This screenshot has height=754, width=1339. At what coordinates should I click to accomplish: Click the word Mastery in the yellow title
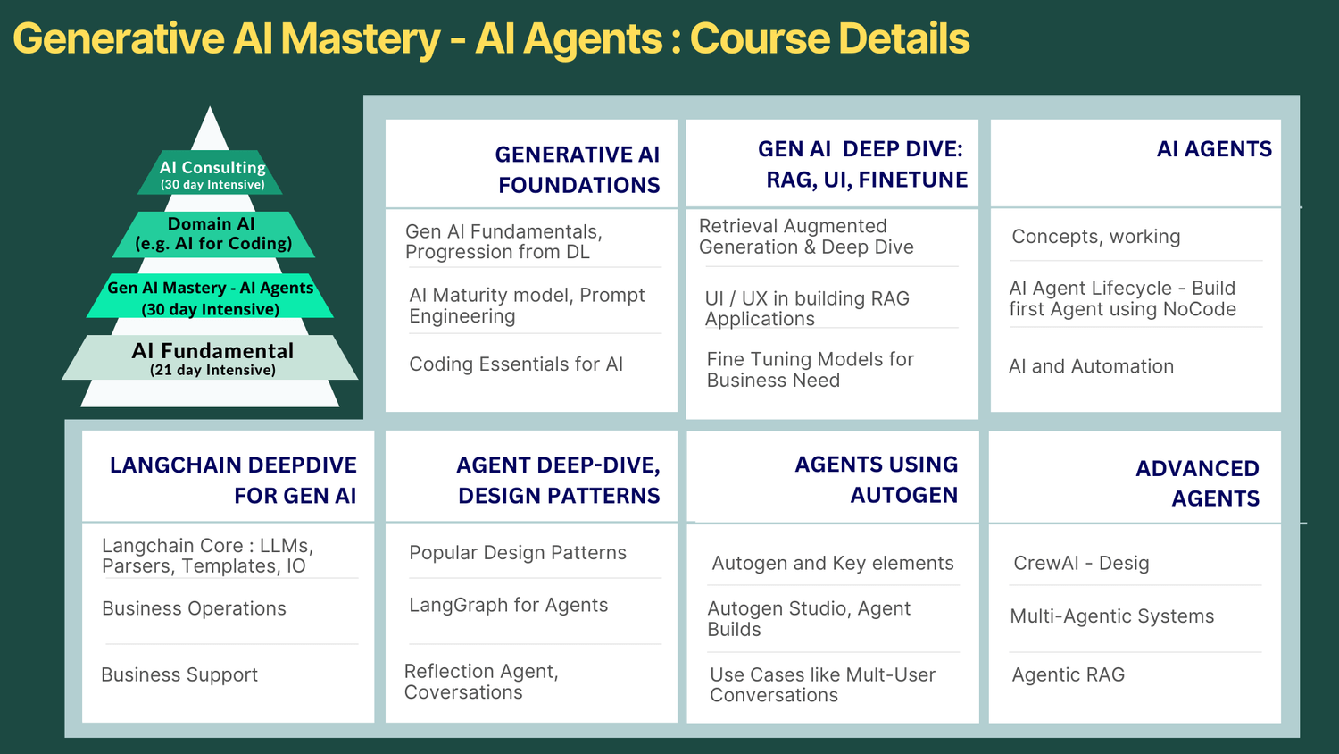point(361,39)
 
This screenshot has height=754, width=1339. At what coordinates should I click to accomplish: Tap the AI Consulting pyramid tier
point(211,172)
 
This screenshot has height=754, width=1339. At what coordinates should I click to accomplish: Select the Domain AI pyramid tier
point(213,234)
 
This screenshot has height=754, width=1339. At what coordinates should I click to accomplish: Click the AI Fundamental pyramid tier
point(211,357)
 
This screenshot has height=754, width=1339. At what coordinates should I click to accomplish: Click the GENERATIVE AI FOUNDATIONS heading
point(577,170)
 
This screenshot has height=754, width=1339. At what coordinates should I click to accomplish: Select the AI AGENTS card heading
point(1214,148)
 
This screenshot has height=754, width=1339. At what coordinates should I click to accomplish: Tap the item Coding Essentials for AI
point(516,364)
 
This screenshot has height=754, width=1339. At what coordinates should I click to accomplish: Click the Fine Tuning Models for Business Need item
point(810,369)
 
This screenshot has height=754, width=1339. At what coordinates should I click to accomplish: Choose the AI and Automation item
point(1091,365)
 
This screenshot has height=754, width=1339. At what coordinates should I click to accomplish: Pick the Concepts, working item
point(1095,237)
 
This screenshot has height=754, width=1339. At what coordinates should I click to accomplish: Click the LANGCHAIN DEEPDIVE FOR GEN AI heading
point(233,480)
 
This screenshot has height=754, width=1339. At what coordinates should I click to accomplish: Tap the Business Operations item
point(194,608)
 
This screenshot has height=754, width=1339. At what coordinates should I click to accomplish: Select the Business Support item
point(179,674)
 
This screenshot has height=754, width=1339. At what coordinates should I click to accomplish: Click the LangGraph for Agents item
point(508,605)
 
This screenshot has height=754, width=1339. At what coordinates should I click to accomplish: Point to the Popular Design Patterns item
point(518,552)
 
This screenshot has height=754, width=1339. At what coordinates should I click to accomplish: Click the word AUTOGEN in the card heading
point(903,495)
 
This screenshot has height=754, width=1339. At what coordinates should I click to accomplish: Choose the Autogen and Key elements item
point(833,563)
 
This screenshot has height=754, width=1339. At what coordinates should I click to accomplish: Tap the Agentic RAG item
point(1069,675)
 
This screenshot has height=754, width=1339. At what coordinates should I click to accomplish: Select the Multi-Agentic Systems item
point(1112,616)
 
